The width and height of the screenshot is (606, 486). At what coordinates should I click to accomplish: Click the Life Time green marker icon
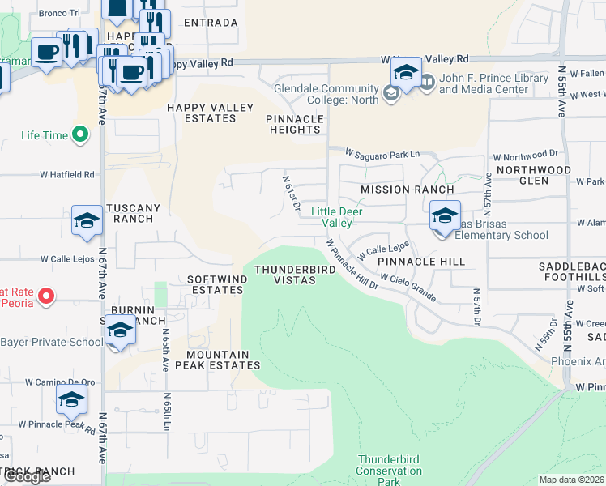click(x=80, y=134)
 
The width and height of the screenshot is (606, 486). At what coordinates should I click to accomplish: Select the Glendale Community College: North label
click(x=326, y=94)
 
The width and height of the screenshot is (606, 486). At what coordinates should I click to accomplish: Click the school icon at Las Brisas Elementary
click(x=444, y=217)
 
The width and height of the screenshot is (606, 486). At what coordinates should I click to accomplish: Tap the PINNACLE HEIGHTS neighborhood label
click(x=295, y=124)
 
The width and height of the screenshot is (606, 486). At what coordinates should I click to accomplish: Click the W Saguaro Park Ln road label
click(x=382, y=153)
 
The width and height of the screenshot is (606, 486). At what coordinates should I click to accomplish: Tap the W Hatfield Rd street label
click(x=67, y=174)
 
